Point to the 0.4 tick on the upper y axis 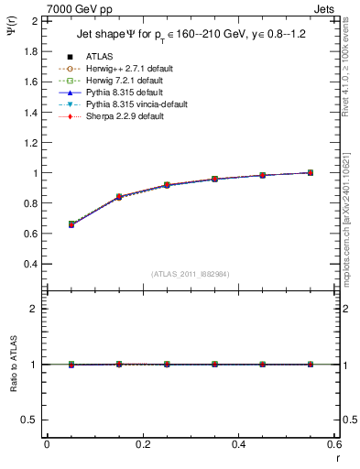coord(31,264)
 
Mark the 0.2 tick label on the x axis coord(143,443)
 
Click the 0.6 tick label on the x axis coord(333,443)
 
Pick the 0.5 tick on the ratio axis coord(31,420)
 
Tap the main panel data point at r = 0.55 coord(310,172)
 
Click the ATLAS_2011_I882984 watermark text coord(191,274)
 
